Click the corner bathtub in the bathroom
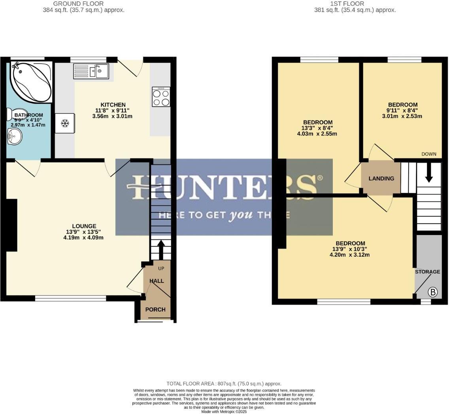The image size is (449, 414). [x=30, y=81]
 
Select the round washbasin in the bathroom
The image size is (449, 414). [x=15, y=138]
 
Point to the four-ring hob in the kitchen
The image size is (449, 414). [x=161, y=97]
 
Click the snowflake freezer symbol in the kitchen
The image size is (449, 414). [x=65, y=124]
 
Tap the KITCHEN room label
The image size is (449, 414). [x=104, y=105]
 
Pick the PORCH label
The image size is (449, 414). [x=155, y=309]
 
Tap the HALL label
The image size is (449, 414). [x=157, y=281]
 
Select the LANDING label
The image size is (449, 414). [x=381, y=179]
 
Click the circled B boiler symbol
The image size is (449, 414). [x=433, y=292]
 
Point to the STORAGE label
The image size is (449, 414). [x=427, y=272]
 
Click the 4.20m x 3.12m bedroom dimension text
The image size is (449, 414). [x=349, y=255]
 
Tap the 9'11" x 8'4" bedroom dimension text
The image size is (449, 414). [x=402, y=111]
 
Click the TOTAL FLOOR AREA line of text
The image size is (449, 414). [x=224, y=384]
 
